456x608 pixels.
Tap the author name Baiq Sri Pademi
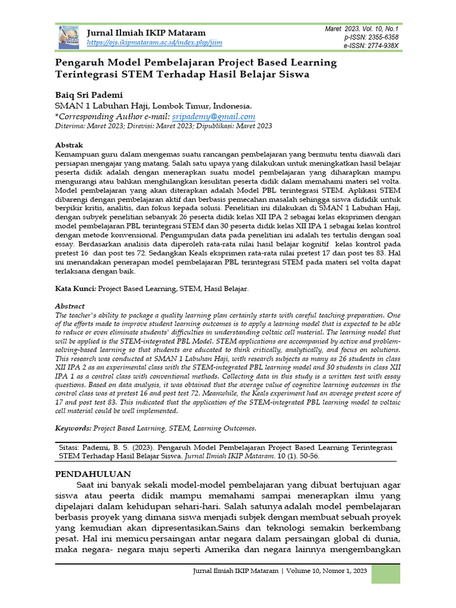(x=89, y=94)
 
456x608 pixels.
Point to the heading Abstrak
(x=69, y=145)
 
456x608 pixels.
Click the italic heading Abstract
(x=69, y=306)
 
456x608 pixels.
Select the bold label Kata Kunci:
(x=75, y=289)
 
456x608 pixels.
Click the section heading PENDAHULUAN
(x=93, y=474)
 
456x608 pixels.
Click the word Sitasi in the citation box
(x=72, y=446)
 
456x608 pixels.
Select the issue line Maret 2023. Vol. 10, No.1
(x=362, y=28)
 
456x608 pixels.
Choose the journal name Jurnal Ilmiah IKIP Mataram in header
(x=146, y=33)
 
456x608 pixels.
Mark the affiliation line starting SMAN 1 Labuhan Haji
(x=154, y=106)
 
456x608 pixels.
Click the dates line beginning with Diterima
(x=164, y=126)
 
